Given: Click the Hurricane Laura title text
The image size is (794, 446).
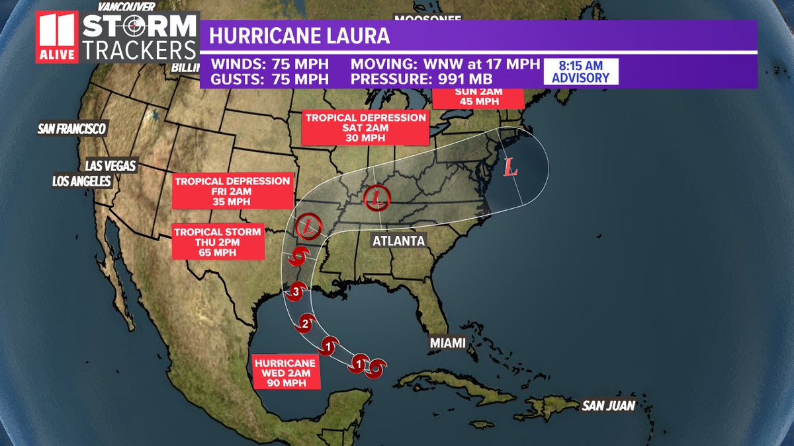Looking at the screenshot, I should coord(300,36).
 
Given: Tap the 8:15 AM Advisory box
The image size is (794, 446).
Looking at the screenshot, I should coord(580,71).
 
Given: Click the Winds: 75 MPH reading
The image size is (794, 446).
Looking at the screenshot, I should coord(269,65).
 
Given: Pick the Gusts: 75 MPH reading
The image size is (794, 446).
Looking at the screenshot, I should coord(269,79).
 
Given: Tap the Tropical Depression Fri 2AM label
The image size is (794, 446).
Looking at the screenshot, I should coord(232,191).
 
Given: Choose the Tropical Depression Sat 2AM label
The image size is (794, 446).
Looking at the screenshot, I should coord(365,128).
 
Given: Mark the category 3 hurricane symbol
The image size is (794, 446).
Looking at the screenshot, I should coord(296,289).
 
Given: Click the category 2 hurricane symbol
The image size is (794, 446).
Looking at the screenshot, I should coord(305,323).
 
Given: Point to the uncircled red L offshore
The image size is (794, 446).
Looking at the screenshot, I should coord(510,167).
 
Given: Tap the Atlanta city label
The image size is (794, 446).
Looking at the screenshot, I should coord(398,241).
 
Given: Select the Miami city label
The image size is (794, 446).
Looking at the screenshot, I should coord(447,343).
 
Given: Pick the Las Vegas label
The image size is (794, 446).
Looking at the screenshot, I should coord(110,165).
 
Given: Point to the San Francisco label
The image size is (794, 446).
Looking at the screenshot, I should coord(72,128).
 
